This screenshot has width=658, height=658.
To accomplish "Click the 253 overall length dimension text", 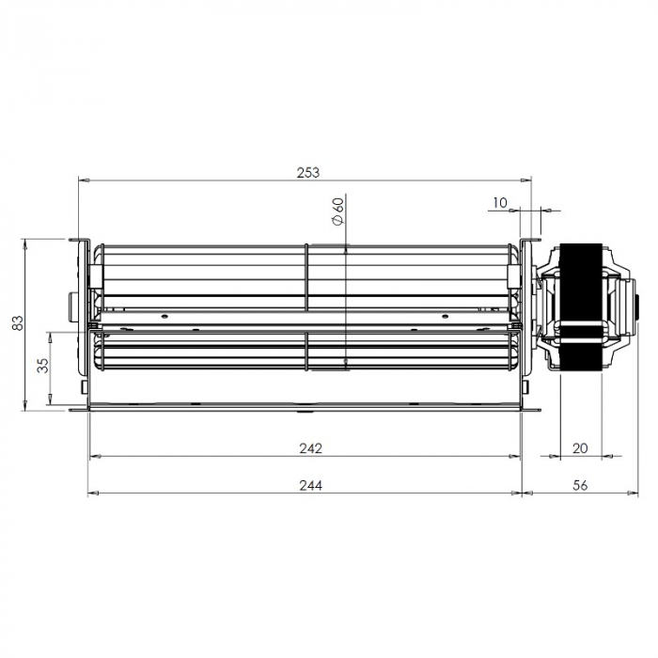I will click(x=307, y=172).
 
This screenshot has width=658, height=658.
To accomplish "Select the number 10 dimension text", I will click(x=499, y=203).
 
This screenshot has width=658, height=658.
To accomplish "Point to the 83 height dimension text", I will click(x=17, y=324).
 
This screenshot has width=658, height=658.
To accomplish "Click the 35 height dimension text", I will click(x=43, y=366).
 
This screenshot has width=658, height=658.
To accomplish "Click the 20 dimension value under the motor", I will click(x=580, y=448).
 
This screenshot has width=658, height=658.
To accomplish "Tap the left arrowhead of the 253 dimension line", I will click(x=82, y=180).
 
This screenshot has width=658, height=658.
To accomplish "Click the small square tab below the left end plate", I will click(x=85, y=385).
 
